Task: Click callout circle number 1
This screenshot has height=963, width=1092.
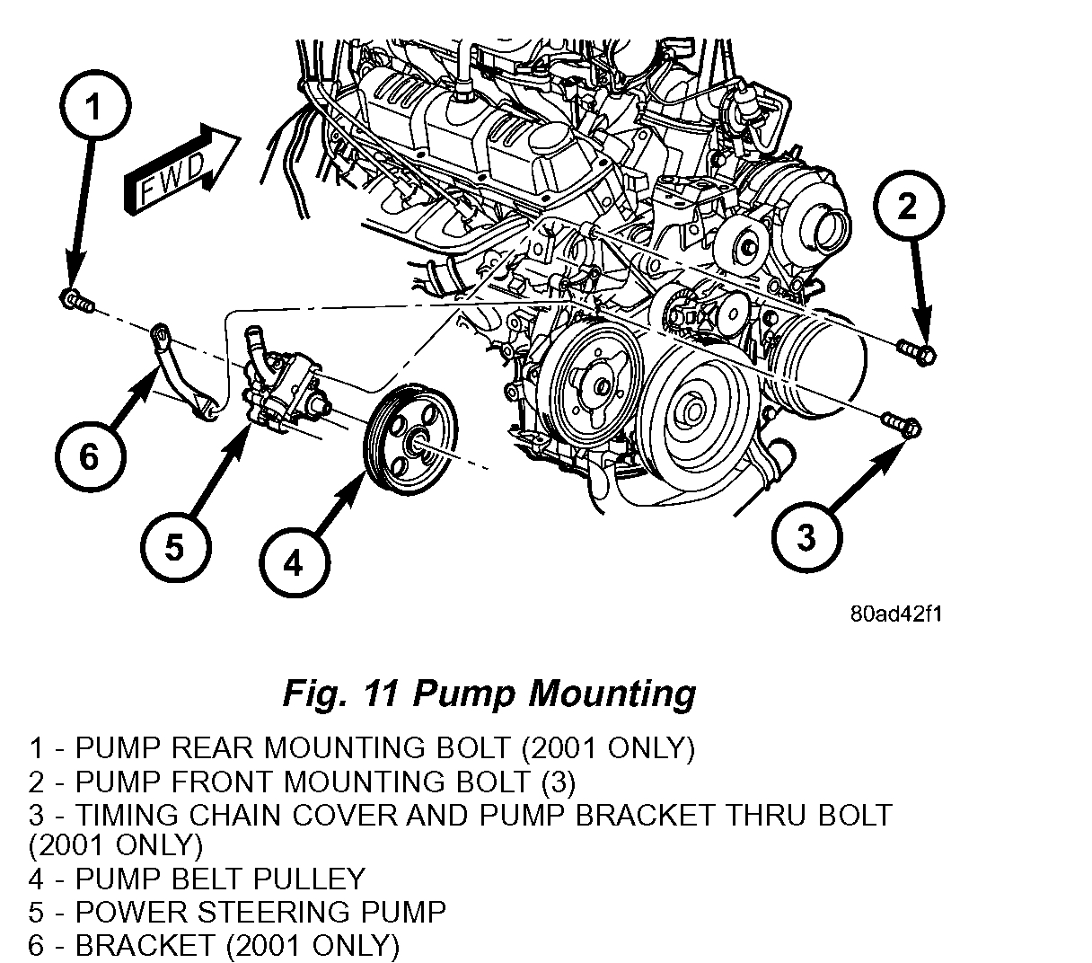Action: tap(93, 106)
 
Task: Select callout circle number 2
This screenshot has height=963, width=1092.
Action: tap(908, 208)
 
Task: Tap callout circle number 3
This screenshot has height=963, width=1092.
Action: tap(806, 536)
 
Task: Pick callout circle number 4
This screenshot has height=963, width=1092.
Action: tap(294, 562)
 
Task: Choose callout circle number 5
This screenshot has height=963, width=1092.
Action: tap(174, 545)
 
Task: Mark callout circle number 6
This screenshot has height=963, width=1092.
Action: tap(89, 456)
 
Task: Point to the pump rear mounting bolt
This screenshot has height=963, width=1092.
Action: tap(75, 300)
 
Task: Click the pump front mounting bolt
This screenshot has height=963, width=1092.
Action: tap(917, 351)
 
